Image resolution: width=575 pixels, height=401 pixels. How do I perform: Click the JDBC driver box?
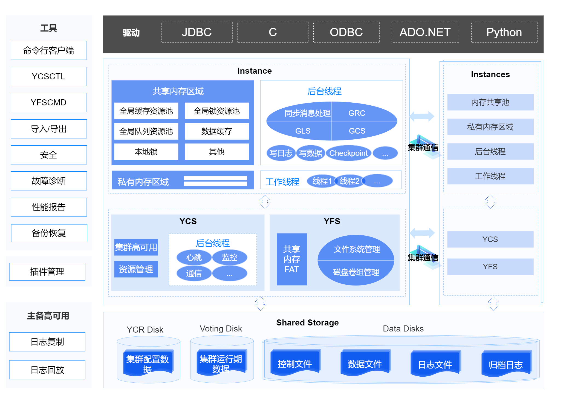[x=197, y=32]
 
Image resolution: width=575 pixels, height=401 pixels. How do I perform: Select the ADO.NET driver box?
[x=425, y=32]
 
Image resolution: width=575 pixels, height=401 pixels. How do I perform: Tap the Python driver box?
[x=504, y=32]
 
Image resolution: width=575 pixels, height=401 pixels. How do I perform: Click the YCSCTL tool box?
[x=49, y=77]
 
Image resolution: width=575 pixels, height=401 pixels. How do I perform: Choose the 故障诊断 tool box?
[x=49, y=181]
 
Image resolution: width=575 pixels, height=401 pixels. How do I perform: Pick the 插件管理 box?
[x=47, y=272]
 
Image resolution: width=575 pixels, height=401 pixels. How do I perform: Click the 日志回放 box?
[x=47, y=370]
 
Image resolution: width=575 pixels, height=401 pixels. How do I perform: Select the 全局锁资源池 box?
[x=216, y=111]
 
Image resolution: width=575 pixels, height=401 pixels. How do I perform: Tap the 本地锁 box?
[x=146, y=152]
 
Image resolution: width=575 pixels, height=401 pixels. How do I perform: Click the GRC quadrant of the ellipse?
[x=357, y=113]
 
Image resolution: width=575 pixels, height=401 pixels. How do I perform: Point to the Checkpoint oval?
[x=348, y=153]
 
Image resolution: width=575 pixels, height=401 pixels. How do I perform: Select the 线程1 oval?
[x=322, y=181]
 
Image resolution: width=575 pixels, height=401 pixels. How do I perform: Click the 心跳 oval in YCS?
[x=194, y=257]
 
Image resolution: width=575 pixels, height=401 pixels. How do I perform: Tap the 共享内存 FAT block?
[x=291, y=259]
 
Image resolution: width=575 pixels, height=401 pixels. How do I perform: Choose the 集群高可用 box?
[x=136, y=247]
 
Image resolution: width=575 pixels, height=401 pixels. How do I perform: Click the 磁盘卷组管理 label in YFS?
[x=356, y=272]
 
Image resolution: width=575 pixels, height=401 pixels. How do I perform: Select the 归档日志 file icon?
[x=506, y=364]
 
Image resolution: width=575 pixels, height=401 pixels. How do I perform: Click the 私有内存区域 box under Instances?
[x=490, y=127]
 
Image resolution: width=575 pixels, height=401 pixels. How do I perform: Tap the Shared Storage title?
[x=307, y=323]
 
